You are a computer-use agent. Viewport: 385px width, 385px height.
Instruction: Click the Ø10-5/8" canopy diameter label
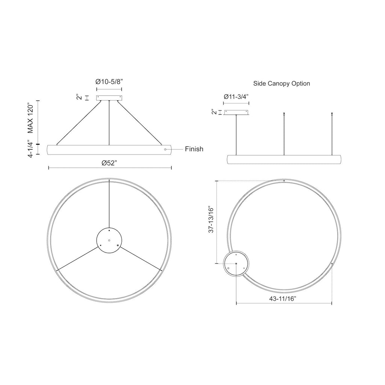pos(109,82)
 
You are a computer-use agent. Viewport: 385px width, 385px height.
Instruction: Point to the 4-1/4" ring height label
pos(30,149)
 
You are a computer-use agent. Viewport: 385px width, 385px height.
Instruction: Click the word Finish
pos(194,149)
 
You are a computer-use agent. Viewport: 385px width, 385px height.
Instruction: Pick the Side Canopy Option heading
pos(282,83)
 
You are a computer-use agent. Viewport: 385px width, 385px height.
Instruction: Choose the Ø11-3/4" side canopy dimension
pos(236,97)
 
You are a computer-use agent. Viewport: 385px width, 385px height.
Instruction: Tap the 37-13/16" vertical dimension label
pos(211,219)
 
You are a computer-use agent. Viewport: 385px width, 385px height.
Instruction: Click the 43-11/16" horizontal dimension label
pos(283,299)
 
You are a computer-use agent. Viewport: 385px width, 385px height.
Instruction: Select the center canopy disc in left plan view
pos(109,240)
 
